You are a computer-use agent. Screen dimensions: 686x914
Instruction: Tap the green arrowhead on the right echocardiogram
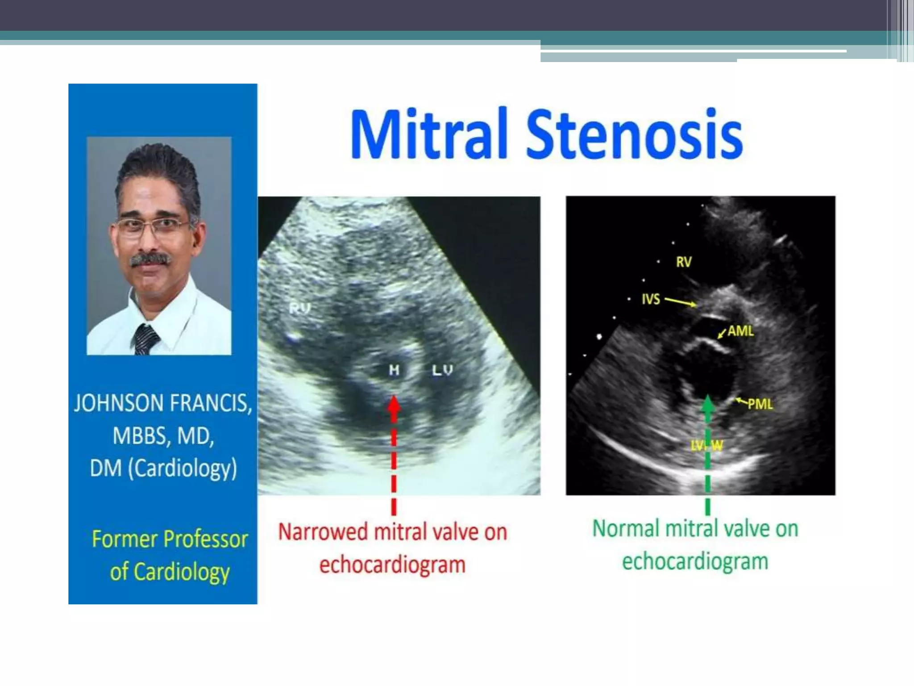pos(708,405)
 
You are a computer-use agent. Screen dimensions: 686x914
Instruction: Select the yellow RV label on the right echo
pos(684,262)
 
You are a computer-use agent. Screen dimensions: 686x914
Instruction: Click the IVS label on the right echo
pos(651,299)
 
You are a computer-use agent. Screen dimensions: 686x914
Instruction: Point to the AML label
pos(741,331)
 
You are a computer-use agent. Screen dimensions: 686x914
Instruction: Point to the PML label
pos(760,404)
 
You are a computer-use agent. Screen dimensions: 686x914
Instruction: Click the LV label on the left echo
pos(442,370)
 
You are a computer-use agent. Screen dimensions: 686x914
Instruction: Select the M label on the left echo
pos(394,370)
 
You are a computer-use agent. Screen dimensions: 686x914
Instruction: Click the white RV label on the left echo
pos(299,308)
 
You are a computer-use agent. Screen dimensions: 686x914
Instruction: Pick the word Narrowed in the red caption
pos(323,532)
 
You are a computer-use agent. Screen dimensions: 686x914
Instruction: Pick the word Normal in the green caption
pos(626,529)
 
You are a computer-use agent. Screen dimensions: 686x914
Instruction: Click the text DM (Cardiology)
pos(163,469)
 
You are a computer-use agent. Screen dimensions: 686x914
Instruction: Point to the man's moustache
pos(150,259)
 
